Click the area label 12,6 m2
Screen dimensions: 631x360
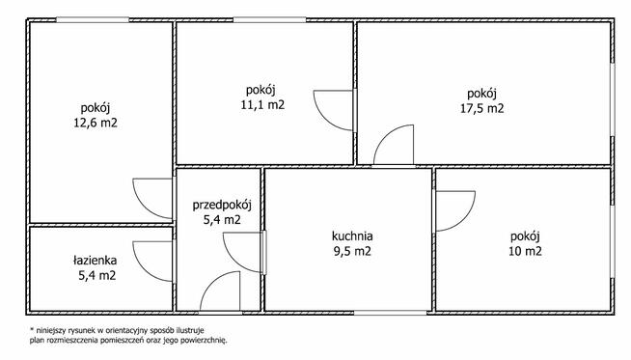point(96,123)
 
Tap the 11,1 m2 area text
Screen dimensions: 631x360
point(262,105)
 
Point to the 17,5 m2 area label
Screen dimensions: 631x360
point(482,109)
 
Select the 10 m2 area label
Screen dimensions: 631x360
point(525,251)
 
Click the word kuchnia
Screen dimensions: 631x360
point(352,235)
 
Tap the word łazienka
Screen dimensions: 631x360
point(95,261)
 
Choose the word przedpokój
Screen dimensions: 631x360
point(222,205)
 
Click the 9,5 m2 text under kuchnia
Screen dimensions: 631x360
point(352,251)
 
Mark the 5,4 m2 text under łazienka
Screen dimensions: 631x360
point(97,276)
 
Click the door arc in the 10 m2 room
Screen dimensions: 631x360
point(464,220)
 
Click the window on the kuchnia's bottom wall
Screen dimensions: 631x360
point(391,313)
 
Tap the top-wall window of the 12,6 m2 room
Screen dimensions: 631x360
point(93,19)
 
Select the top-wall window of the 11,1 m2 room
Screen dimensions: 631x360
point(269,19)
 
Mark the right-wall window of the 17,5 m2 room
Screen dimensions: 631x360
point(612,99)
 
